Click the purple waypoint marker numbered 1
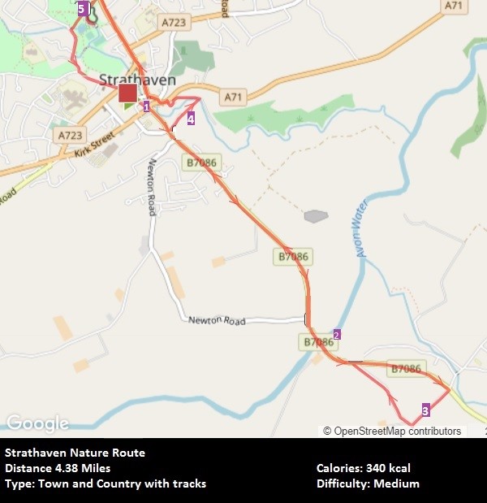[x=147, y=106]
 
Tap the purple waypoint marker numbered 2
[x=337, y=334]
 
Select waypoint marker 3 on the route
[x=425, y=410]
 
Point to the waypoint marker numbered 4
[x=191, y=119]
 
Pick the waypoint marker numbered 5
[x=81, y=9]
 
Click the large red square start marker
[x=127, y=93]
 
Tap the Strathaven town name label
[x=126, y=80]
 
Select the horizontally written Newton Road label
[x=217, y=320]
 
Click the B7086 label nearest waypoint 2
[x=319, y=342]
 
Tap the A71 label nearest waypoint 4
[x=234, y=98]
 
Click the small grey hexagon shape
[x=316, y=216]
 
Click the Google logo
[x=37, y=423]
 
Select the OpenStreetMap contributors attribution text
[x=392, y=431]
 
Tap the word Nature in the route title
[x=84, y=453]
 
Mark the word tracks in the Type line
[x=188, y=483]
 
